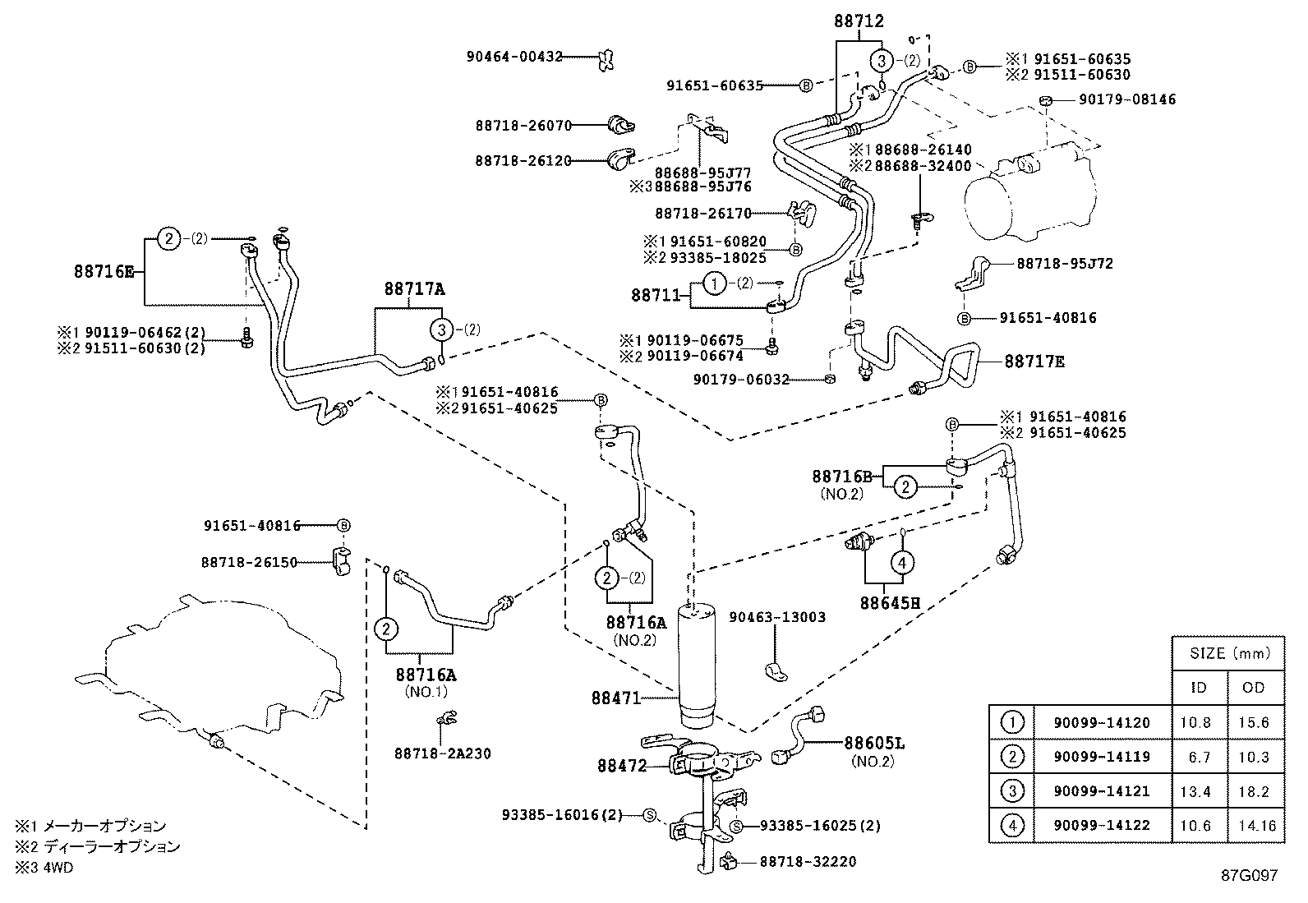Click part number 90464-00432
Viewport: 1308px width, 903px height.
[514, 57]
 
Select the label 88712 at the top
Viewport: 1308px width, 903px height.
[859, 22]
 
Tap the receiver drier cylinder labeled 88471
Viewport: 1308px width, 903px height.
[697, 666]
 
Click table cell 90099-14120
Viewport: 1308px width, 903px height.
[1102, 723]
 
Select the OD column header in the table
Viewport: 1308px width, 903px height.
[1254, 687]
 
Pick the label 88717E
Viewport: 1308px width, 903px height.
[1034, 362]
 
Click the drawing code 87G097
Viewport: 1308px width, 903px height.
[1248, 876]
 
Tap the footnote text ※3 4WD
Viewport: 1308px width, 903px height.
[44, 868]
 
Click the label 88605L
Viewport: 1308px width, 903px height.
[874, 743]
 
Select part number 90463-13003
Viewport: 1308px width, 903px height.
[776, 617]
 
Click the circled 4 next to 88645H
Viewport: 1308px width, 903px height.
[902, 563]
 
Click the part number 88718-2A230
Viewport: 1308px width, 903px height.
[442, 753]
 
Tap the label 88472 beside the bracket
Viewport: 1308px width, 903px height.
[621, 765]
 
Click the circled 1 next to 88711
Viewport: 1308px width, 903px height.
[715, 284]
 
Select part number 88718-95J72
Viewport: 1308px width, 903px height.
[1065, 264]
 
